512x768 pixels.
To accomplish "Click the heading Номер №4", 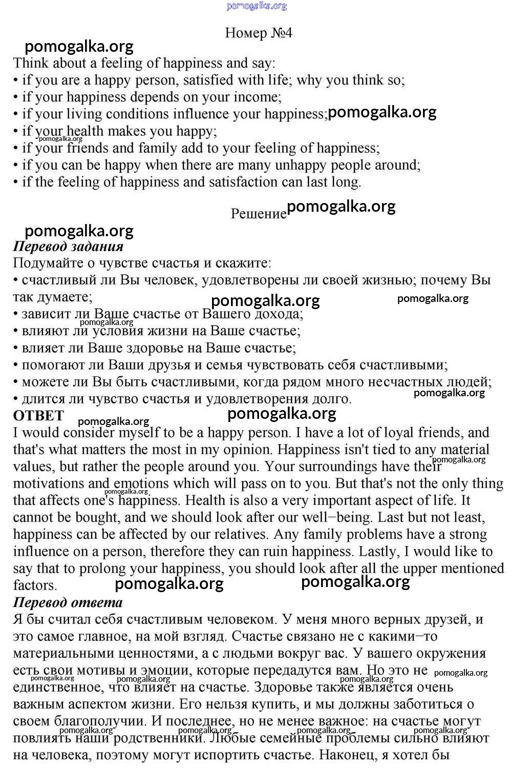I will (259, 33).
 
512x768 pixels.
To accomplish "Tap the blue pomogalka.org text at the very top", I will (256, 6).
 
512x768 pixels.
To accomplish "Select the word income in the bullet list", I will (256, 97).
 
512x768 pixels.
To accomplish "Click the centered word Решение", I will (259, 213).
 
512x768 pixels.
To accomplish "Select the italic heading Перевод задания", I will (68, 247).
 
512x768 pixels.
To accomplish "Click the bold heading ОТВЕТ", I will (38, 415).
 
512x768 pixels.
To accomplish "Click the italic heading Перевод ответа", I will (68, 602).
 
